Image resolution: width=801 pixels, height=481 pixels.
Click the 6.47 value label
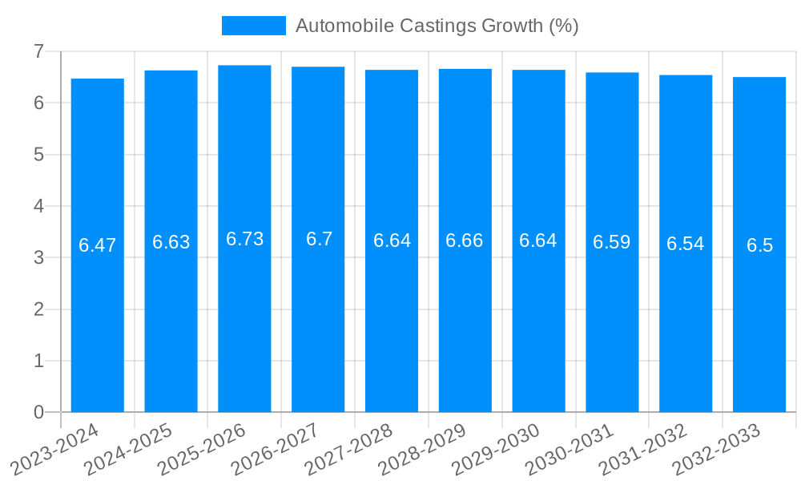pos(98,245)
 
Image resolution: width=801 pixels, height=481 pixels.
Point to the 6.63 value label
pos(171,242)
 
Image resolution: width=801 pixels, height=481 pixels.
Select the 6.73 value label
pos(244,239)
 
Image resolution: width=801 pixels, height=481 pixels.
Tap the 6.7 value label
pos(319,239)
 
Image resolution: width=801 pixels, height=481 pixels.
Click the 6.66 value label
pos(465,240)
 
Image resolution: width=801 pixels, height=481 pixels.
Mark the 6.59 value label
pos(612,242)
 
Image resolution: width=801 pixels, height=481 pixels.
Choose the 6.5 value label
pos(759,245)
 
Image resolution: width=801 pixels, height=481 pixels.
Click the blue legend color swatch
pos(253,26)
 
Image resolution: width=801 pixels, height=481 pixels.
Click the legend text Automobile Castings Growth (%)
pos(437,26)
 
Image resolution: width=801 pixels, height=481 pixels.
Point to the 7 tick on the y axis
pos(38,51)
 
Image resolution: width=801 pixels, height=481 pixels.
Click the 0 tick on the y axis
pos(38,412)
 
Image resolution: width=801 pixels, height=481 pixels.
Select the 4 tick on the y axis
pos(38,206)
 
